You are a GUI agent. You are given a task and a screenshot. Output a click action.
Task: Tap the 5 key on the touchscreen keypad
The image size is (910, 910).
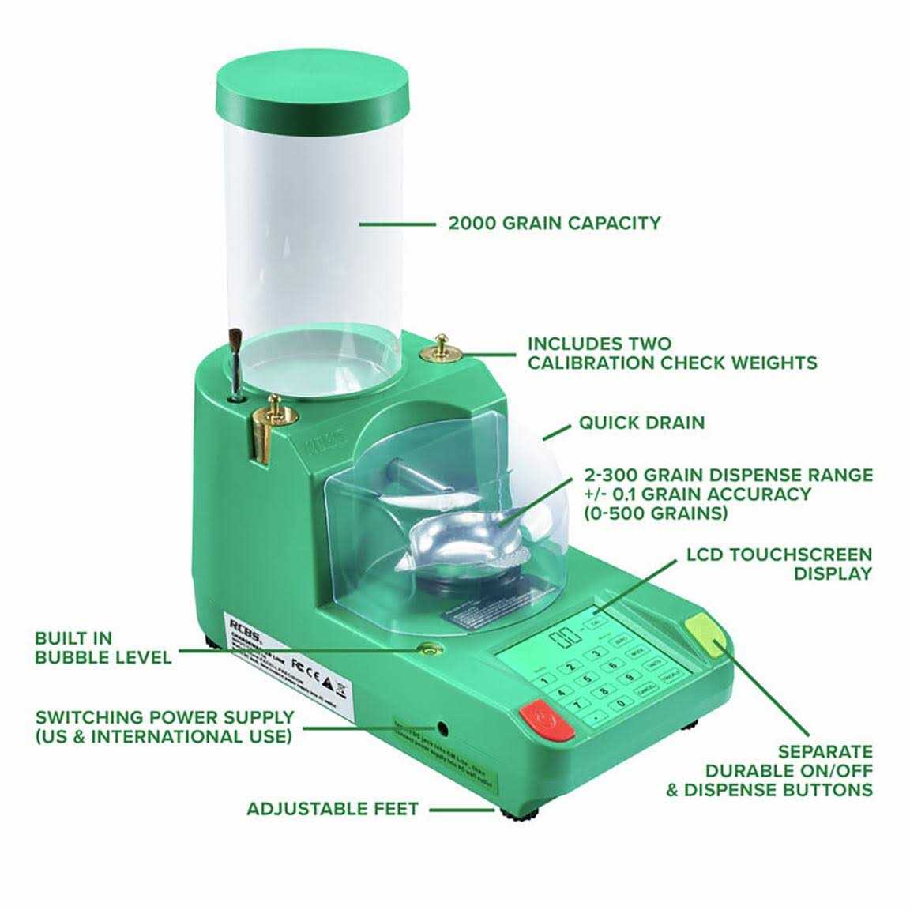tap(587, 679)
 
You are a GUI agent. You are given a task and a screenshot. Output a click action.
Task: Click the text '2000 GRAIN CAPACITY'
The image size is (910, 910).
tap(554, 224)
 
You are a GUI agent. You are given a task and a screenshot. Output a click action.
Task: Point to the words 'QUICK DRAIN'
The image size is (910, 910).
tap(641, 423)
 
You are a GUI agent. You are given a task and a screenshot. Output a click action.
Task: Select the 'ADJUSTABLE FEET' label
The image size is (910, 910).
tap(332, 810)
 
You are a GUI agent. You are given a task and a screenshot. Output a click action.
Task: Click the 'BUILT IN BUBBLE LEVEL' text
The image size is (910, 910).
tap(103, 647)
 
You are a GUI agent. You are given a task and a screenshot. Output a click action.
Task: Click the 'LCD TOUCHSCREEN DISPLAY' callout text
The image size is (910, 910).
tap(778, 564)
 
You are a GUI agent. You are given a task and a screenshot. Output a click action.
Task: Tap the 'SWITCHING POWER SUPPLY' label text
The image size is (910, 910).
tap(164, 718)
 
